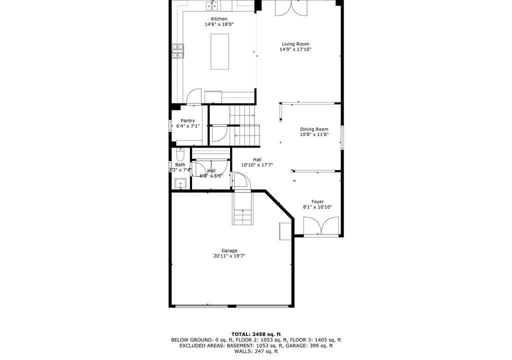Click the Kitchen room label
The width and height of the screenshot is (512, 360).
pyautogui.click(x=219, y=19)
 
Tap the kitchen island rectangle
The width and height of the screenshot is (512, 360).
pyautogui.click(x=219, y=51)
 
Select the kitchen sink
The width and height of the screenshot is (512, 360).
pyautogui.click(x=211, y=5)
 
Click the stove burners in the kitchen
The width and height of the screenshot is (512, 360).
pyautogui.click(x=178, y=51)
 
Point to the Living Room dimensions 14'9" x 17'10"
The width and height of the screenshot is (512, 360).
pyautogui.click(x=295, y=49)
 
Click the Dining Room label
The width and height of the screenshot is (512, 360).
pyautogui.click(x=314, y=129)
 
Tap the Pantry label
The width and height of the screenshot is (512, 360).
pyautogui.click(x=188, y=120)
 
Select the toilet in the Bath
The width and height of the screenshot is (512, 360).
pyautogui.click(x=180, y=154)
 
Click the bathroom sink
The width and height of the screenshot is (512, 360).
pyautogui.click(x=180, y=184)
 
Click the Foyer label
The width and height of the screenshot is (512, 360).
pyautogui.click(x=317, y=202)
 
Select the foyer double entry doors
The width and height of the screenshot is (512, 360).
pyautogui.click(x=321, y=226)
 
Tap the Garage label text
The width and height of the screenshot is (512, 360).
pyautogui.click(x=229, y=250)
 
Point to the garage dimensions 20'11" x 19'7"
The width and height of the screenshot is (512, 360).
pyautogui.click(x=229, y=256)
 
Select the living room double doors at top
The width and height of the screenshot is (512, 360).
pyautogui.click(x=291, y=8)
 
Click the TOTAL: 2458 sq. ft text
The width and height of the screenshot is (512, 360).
pyautogui.click(x=256, y=334)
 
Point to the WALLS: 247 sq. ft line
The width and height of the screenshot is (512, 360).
pyautogui.click(x=256, y=351)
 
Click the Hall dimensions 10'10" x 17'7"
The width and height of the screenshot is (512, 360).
pyautogui.click(x=257, y=165)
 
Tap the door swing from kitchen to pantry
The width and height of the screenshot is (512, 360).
pyautogui.click(x=194, y=96)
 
